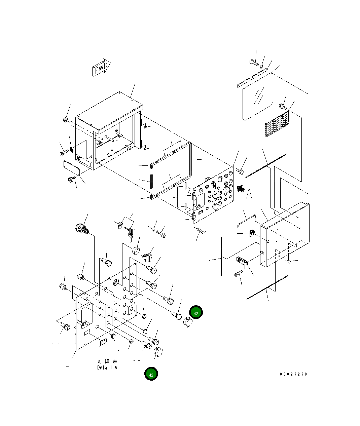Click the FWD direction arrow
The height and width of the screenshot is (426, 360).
click(x=101, y=67)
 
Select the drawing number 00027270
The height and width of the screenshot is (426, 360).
click(x=293, y=374)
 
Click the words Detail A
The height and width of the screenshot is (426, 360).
click(x=107, y=367)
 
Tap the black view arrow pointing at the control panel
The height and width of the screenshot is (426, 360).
click(x=241, y=189)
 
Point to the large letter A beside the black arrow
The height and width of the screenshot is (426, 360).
click(x=249, y=194)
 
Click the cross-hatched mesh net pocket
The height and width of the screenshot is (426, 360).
click(x=277, y=123)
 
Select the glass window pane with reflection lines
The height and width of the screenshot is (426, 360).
click(x=258, y=96)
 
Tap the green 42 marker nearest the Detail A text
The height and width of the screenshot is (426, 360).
click(x=151, y=374)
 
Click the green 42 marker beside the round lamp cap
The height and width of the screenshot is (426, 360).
click(x=196, y=312)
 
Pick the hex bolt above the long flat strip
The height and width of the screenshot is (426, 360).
click(x=254, y=63)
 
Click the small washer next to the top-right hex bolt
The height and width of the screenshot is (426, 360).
click(x=261, y=67)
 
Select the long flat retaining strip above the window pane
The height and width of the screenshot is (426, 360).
click(x=252, y=78)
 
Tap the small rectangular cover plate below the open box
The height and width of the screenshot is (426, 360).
click(x=71, y=168)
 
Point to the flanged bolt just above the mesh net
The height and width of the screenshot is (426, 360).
click(x=283, y=107)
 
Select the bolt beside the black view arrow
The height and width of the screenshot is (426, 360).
click(x=240, y=171)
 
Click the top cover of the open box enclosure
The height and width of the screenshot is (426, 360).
click(x=109, y=112)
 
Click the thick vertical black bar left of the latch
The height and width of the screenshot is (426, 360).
click(x=221, y=256)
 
